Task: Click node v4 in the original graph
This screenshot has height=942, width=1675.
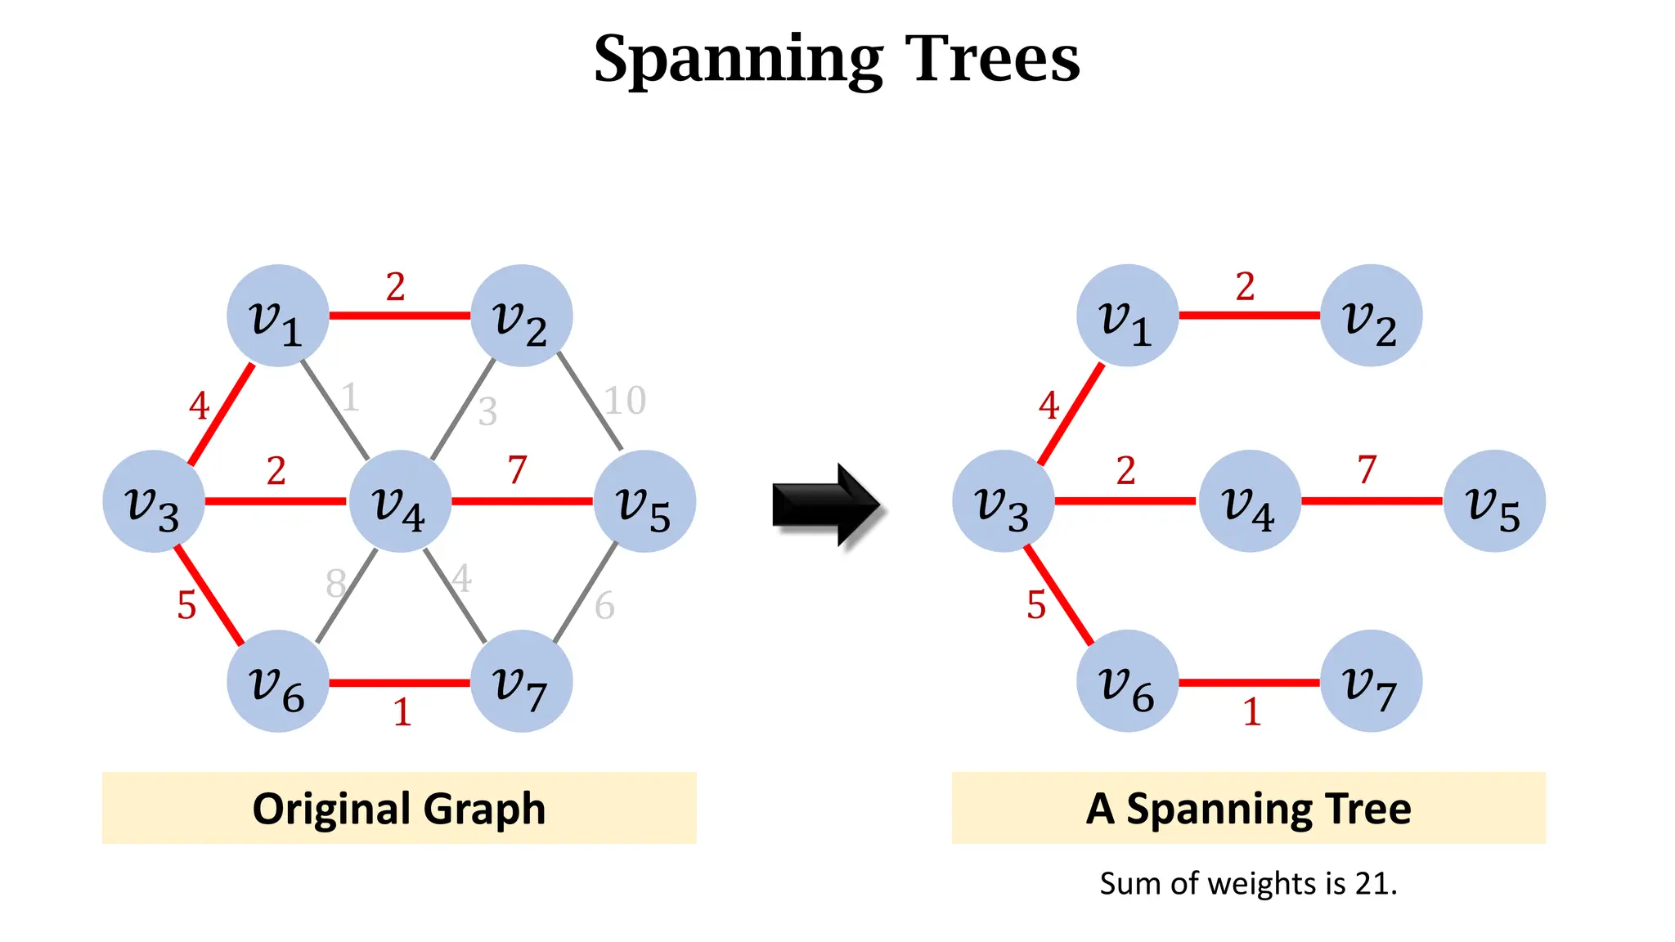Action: (x=399, y=501)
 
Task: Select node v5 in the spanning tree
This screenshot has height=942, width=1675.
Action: (x=1493, y=501)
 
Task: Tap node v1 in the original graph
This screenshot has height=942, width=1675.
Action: (x=277, y=316)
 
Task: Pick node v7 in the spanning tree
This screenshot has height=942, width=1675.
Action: (x=1371, y=681)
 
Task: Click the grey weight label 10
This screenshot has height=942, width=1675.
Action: (x=625, y=401)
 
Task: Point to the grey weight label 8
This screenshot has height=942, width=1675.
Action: (x=335, y=584)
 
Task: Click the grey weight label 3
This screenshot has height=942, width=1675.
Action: (x=487, y=411)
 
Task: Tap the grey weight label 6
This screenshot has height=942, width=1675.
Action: (x=604, y=606)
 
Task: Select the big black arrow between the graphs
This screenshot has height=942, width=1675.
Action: (x=826, y=505)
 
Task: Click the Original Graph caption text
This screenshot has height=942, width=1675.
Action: (x=398, y=809)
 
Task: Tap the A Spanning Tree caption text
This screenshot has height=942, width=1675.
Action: (x=1248, y=809)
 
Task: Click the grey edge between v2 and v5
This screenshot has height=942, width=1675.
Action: (x=589, y=401)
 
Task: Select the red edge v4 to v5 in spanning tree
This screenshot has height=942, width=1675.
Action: (x=1372, y=500)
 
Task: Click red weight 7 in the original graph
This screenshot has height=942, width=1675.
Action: (x=517, y=470)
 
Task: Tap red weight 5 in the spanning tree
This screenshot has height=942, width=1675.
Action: (x=1036, y=605)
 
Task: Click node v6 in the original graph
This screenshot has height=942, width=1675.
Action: (x=277, y=681)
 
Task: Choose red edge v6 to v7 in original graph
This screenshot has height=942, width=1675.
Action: (x=399, y=683)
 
